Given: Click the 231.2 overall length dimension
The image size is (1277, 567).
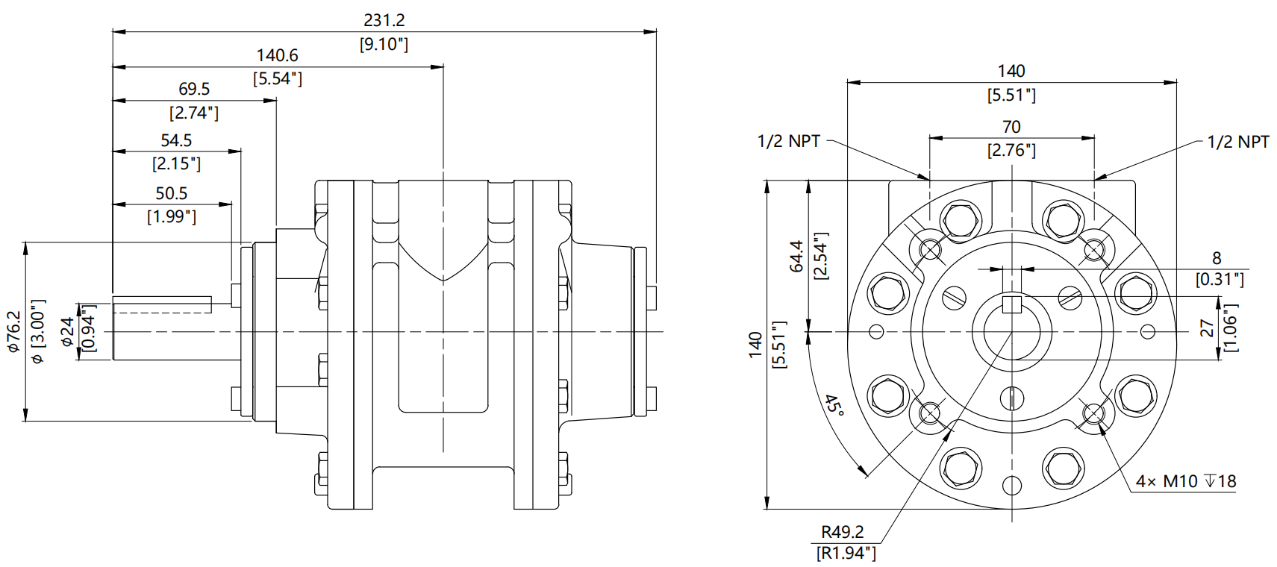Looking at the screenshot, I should [384, 21].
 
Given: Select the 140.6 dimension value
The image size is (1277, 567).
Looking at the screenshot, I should [277, 56].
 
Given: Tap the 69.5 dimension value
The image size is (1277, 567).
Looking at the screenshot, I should [194, 90].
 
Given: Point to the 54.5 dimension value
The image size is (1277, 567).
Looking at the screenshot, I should [176, 140].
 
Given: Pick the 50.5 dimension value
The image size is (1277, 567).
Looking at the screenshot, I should [171, 193].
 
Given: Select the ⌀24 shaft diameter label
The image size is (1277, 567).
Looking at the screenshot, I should [68, 332].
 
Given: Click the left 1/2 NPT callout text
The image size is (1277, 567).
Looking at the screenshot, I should [788, 142].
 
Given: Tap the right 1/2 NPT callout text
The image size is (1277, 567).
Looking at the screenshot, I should [1237, 142].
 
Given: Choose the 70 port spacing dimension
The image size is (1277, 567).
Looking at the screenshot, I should [1011, 128].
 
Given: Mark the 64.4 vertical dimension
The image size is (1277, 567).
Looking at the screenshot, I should [796, 256].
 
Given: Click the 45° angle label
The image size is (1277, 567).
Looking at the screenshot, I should [834, 406].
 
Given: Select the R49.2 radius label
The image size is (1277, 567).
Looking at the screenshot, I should [842, 532].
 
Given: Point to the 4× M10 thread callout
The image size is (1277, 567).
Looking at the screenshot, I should [1185, 482].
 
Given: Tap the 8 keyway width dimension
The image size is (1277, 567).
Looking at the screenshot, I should [1217, 258].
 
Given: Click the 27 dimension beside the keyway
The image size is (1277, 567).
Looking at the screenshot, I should [1207, 328].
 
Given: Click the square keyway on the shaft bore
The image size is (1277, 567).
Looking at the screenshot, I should [1011, 304].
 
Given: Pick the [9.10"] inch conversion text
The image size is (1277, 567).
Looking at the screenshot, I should [384, 45].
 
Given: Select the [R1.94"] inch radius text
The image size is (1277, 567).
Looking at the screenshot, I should [846, 553].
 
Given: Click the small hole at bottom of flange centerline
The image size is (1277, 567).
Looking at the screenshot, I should [1011, 485].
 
